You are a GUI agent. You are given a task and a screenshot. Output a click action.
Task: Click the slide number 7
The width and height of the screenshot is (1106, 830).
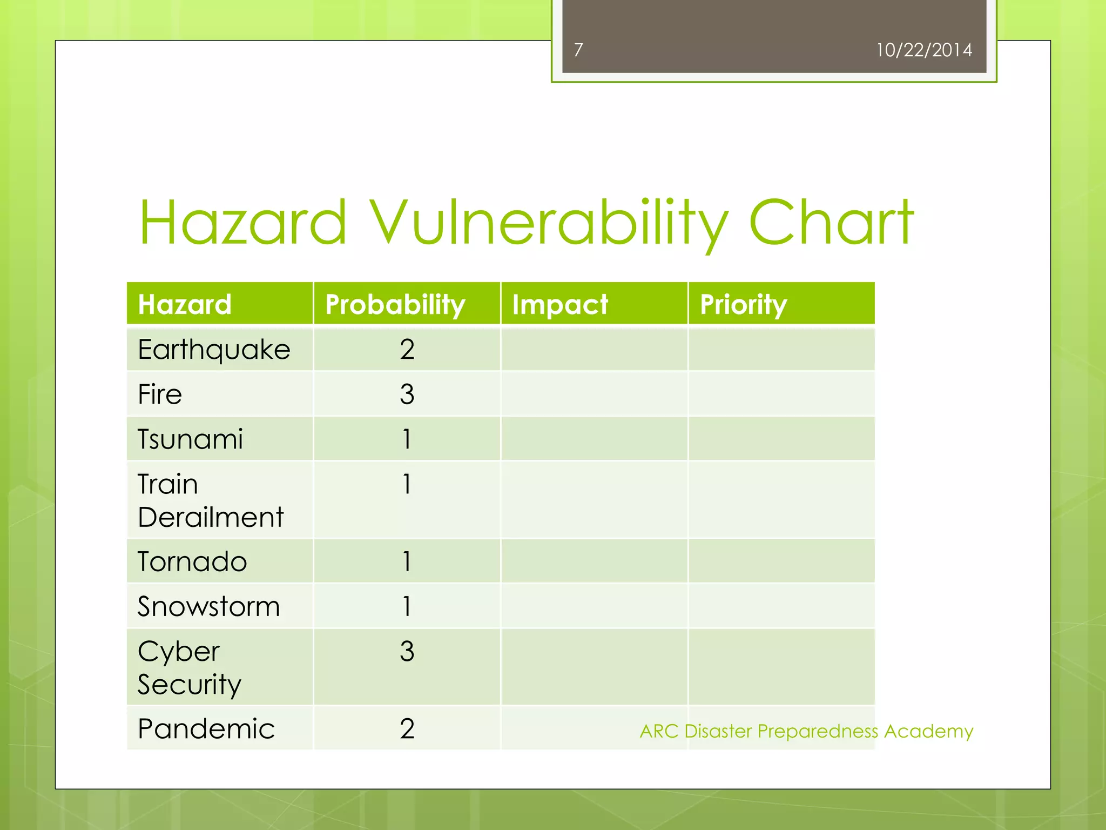pos(578,50)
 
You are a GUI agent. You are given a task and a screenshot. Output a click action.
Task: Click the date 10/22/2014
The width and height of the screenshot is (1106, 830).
pos(923,50)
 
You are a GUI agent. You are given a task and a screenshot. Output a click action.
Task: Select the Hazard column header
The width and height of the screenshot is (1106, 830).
pos(185,304)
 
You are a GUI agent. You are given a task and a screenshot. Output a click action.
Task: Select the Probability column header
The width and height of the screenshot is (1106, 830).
pos(395,304)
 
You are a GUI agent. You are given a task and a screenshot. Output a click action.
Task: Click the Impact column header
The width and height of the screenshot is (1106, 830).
pos(560,304)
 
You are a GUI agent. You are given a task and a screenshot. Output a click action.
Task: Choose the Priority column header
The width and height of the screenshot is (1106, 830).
pos(743,304)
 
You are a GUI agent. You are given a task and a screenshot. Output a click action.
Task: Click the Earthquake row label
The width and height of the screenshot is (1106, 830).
pos(214,350)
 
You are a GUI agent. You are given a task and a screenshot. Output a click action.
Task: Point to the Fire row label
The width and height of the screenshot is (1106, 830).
pos(160,394)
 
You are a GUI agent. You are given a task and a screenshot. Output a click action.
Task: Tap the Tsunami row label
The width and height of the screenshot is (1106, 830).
pos(190,439)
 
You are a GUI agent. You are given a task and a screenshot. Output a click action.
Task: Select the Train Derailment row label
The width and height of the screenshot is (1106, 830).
pos(210,500)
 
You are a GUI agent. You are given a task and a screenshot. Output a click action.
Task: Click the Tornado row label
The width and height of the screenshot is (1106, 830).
pos(192,561)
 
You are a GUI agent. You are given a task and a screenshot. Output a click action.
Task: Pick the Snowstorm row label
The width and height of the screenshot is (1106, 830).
pos(208,606)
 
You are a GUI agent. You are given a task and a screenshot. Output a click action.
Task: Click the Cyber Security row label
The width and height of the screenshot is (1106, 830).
pos(189,667)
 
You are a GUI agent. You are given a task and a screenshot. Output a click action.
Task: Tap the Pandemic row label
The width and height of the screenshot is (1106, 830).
pos(206,728)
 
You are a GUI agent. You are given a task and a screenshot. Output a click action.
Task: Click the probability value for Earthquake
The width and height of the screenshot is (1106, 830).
pos(407,350)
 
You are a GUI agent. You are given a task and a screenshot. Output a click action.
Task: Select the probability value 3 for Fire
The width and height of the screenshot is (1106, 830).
pos(407,394)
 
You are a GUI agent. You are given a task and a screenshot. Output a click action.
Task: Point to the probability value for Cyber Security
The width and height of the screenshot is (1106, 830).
pos(407,651)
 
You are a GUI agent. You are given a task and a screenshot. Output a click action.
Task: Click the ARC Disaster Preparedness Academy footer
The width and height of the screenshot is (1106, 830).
pos(806,731)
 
